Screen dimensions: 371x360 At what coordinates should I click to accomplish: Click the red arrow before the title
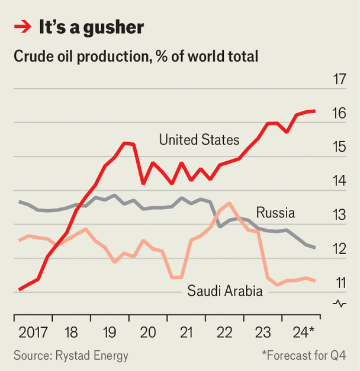[x=22, y=27]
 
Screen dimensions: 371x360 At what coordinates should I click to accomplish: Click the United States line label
[x=199, y=140]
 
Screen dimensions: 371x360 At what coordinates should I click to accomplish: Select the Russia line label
[x=275, y=212]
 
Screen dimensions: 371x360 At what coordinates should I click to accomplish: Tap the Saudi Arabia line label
[x=224, y=290]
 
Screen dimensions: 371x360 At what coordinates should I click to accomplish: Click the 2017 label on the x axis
[x=32, y=331]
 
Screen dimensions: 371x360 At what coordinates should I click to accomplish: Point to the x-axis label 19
[x=110, y=331]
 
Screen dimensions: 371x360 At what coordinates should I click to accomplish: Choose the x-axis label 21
[x=187, y=331]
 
